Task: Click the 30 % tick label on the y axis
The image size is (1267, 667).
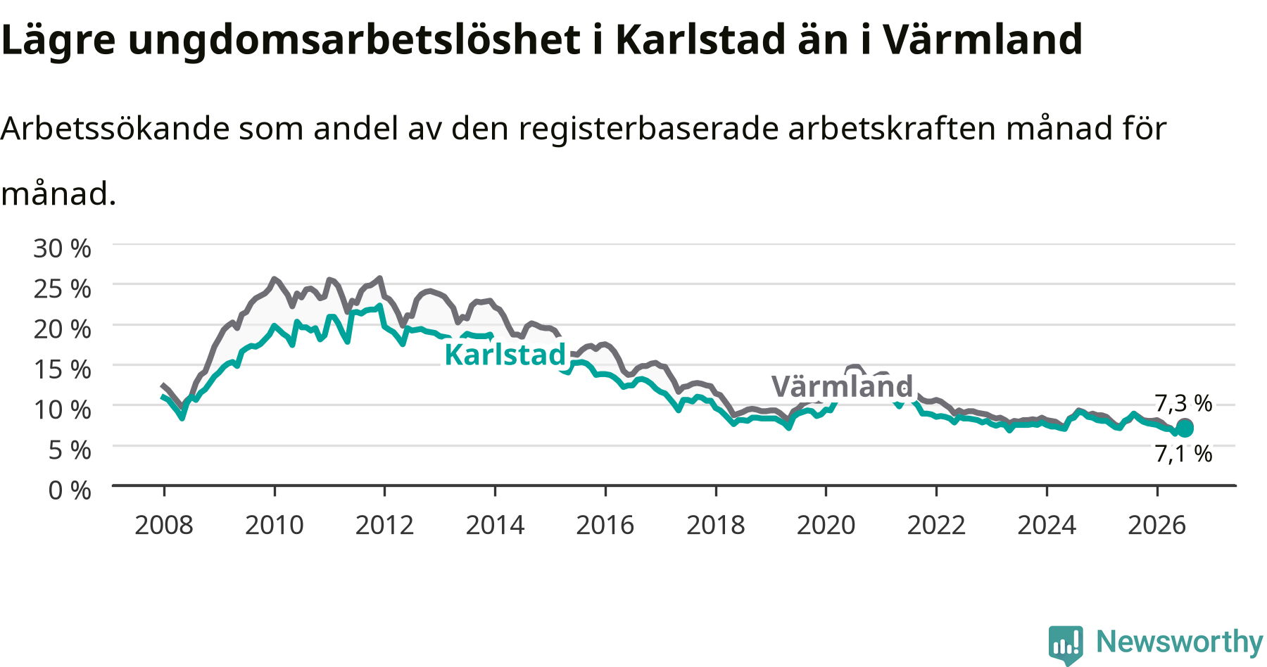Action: (62, 248)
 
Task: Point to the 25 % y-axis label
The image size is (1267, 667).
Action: (62, 288)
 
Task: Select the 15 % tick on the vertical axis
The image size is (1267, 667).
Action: (62, 369)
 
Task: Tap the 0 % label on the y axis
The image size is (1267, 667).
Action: (70, 490)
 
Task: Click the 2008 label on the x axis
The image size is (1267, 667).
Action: (164, 525)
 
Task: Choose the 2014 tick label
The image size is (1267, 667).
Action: (495, 525)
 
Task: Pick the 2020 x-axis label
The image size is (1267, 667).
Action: (826, 525)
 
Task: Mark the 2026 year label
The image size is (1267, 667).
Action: (1157, 525)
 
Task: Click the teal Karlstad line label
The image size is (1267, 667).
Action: (505, 355)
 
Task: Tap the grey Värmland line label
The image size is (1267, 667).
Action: (842, 386)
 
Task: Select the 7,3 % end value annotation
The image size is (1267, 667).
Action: (1183, 403)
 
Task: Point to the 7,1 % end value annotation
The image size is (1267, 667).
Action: (1183, 454)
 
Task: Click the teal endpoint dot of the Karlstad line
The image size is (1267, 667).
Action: (1185, 429)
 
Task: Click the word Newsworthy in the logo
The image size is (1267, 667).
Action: (1180, 642)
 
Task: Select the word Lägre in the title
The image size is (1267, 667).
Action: (58, 40)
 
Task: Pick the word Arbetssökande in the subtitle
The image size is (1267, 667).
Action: (115, 128)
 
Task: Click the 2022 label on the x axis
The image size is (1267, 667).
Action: (936, 525)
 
